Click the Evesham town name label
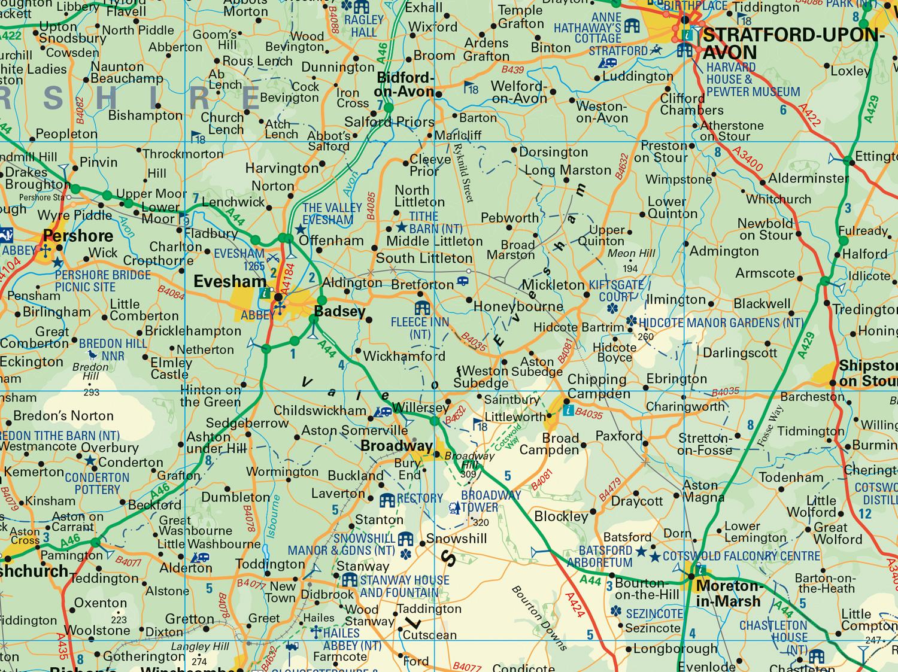[x=229, y=281]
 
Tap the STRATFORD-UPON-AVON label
[x=793, y=43]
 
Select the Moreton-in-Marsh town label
[x=728, y=593]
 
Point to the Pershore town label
[x=78, y=235]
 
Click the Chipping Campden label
[x=599, y=386]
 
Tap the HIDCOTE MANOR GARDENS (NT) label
[x=721, y=323]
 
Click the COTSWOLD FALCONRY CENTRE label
[x=741, y=556]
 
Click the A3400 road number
[x=748, y=162]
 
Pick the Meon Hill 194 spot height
[x=630, y=260]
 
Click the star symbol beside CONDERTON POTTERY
[x=90, y=460]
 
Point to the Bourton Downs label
[x=539, y=618]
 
